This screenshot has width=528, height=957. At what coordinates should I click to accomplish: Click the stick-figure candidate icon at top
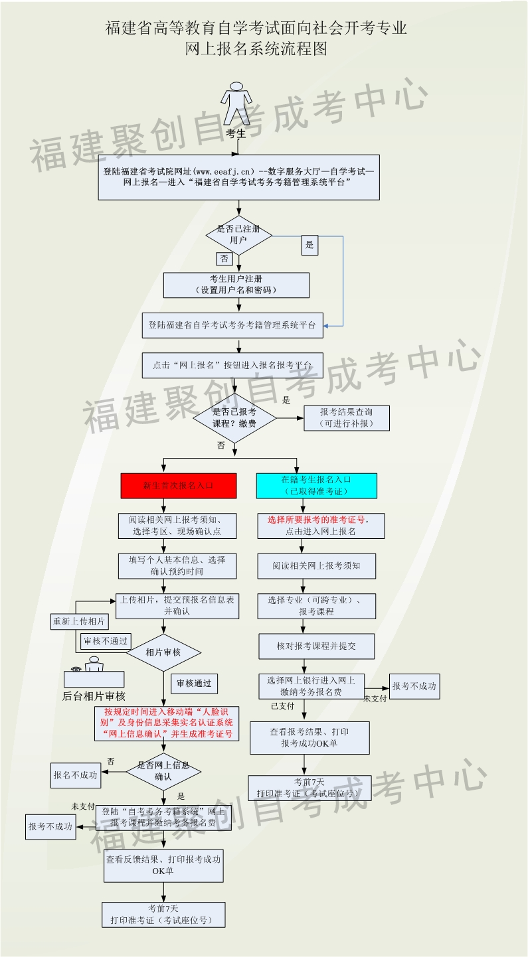pyautogui.click(x=236, y=104)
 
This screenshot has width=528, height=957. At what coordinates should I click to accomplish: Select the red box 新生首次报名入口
pyautogui.click(x=178, y=485)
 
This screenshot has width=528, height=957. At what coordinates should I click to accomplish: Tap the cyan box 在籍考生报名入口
pyautogui.click(x=316, y=485)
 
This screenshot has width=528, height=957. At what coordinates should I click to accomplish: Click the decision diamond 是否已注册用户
pyautogui.click(x=239, y=234)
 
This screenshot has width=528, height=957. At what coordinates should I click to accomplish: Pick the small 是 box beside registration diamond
pyautogui.click(x=309, y=245)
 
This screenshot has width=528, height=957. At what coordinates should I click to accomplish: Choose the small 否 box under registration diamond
pyautogui.click(x=224, y=259)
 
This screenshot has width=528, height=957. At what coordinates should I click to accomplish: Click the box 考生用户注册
pyautogui.click(x=236, y=285)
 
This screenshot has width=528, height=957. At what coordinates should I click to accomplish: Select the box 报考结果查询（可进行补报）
pyautogui.click(x=347, y=417)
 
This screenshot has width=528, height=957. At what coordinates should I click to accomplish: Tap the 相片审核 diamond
pyautogui.click(x=163, y=652)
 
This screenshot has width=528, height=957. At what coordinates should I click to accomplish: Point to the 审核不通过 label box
pyautogui.click(x=105, y=642)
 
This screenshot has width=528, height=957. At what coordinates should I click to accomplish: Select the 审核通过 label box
pyautogui.click(x=194, y=684)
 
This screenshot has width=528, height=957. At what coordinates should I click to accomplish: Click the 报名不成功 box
pyautogui.click(x=74, y=774)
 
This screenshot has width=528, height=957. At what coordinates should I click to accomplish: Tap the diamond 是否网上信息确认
pyautogui.click(x=163, y=771)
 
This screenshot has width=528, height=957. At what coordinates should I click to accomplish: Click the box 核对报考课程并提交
pyautogui.click(x=316, y=646)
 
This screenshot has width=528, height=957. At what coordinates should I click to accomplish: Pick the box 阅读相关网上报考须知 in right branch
pyautogui.click(x=316, y=566)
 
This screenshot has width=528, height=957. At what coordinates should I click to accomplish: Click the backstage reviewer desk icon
pyautogui.click(x=94, y=672)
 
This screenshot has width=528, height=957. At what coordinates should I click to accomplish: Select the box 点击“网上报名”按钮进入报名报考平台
pyautogui.click(x=232, y=365)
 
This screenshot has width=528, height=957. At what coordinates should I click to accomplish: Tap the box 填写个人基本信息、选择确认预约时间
pyautogui.click(x=177, y=565)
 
